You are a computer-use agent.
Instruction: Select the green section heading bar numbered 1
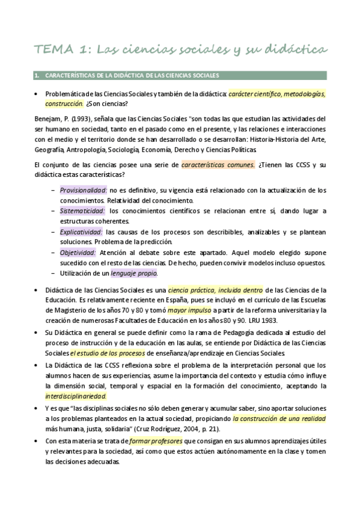[180, 75]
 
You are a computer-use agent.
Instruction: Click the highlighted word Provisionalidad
[83, 190]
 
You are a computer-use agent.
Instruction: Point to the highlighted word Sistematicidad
[82, 211]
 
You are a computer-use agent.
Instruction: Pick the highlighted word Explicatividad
[81, 232]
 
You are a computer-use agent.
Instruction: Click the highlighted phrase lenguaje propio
[133, 273]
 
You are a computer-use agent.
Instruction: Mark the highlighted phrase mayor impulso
[188, 310]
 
